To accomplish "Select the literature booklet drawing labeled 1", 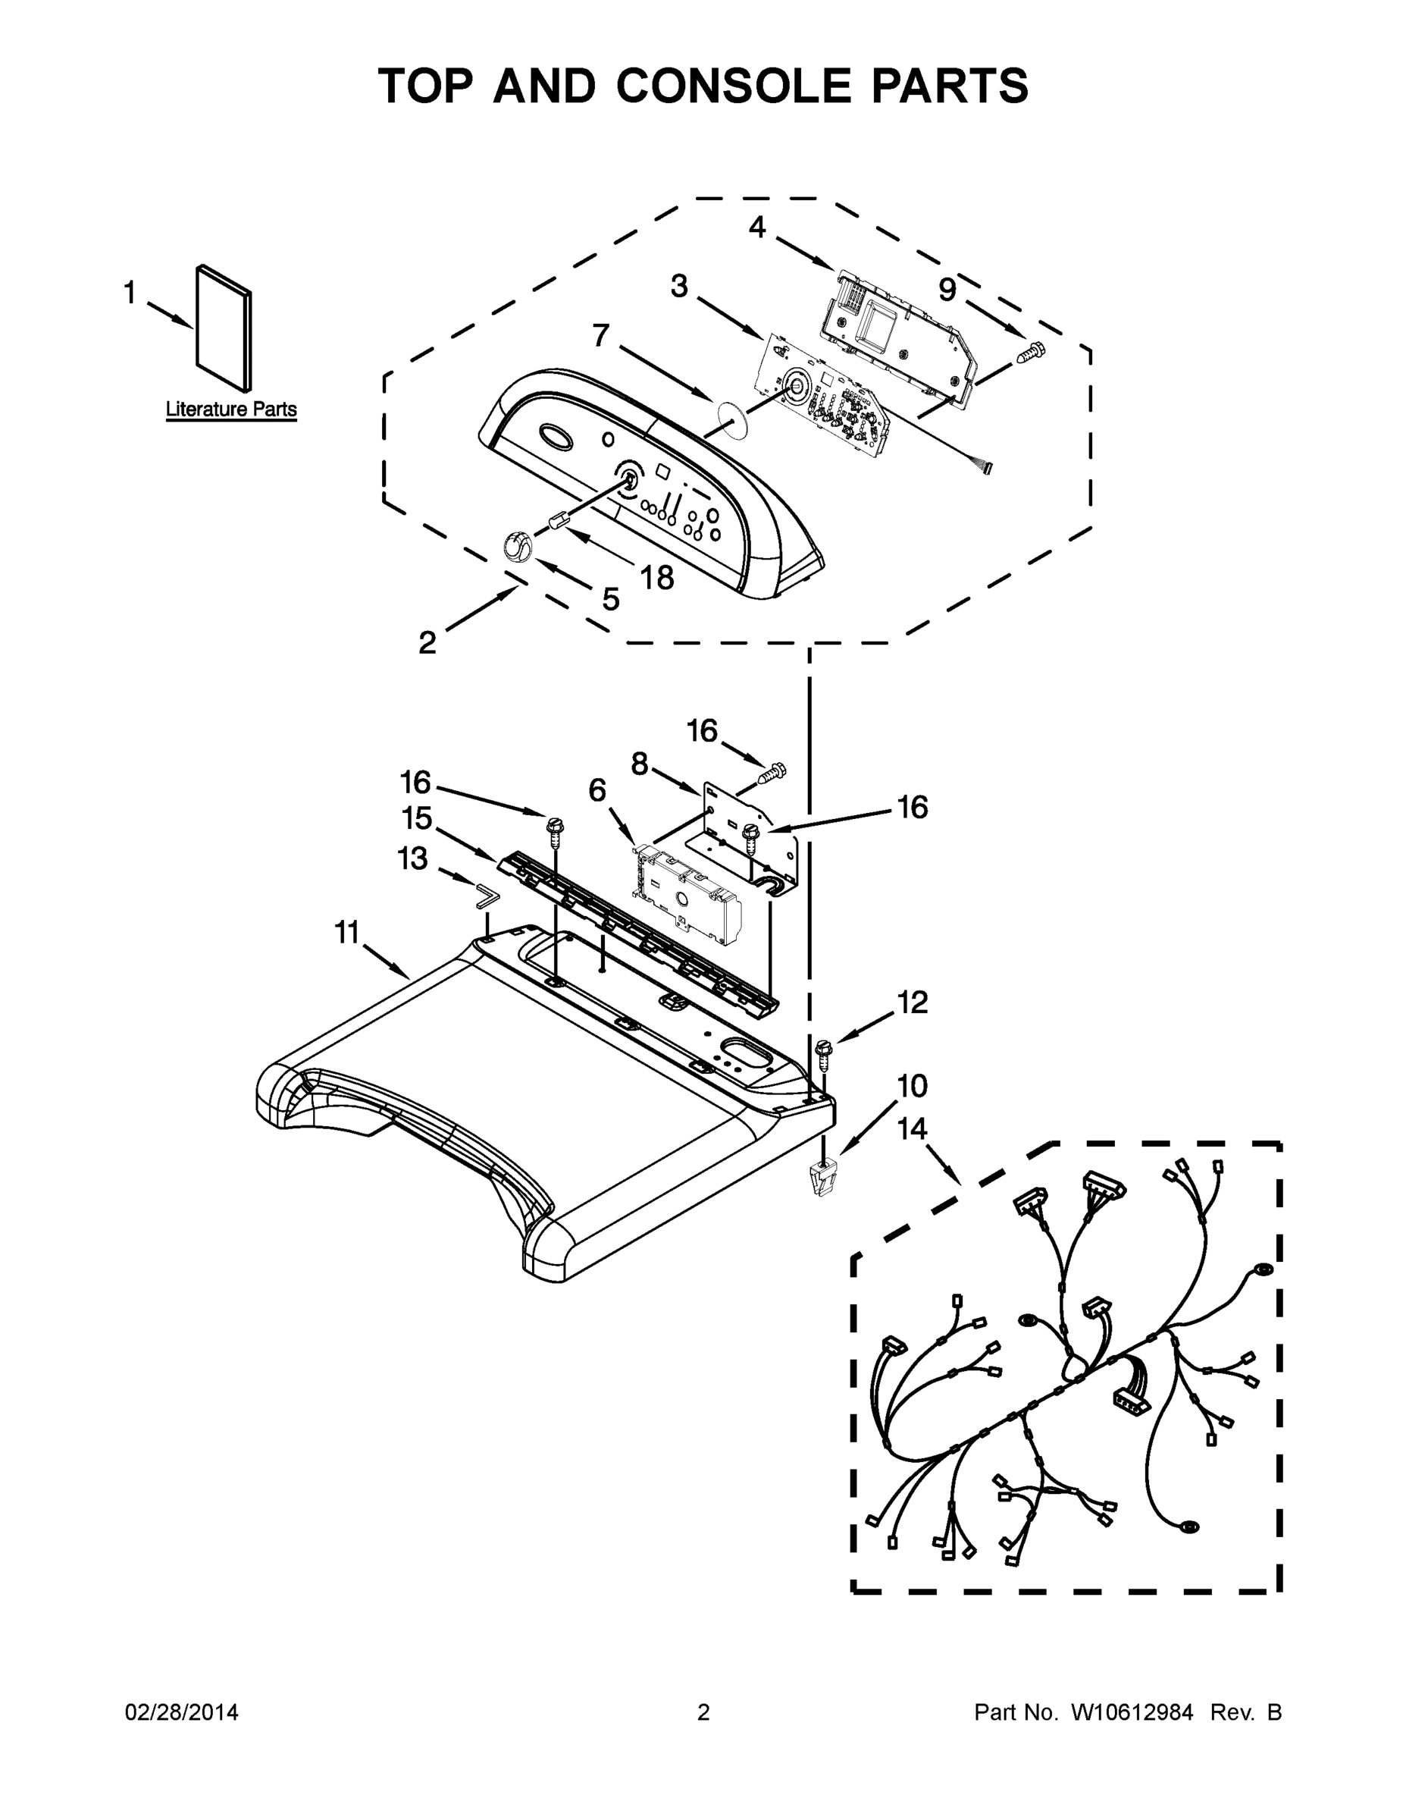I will click(x=224, y=329).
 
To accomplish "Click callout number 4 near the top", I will click(x=756, y=227).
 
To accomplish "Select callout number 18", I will click(x=656, y=576).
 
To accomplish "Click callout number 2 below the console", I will click(x=427, y=642).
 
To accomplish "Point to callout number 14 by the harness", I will click(x=912, y=1129).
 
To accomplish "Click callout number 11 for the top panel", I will click(x=346, y=933).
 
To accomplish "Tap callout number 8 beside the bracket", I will click(x=639, y=764).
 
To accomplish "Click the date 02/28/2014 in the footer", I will click(x=182, y=1712).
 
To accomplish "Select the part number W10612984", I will click(x=1132, y=1712).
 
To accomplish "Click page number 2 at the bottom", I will click(x=703, y=1712).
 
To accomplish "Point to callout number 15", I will click(x=416, y=818).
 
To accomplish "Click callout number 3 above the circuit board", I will click(x=680, y=286).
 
